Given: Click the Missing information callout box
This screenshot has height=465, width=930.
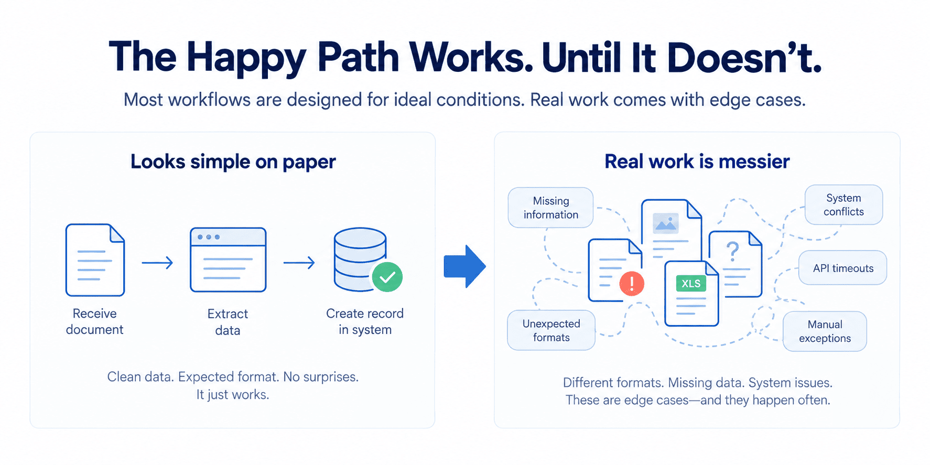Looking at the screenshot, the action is tap(550, 208).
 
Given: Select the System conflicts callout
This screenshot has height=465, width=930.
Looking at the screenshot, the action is tap(844, 204).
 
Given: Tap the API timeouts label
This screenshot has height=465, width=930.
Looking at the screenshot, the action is tap(843, 268).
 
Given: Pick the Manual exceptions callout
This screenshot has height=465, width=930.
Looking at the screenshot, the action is tap(825, 331).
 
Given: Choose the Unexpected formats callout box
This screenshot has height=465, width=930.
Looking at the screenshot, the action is tap(551, 330).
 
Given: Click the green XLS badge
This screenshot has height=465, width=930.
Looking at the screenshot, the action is tap(691, 284).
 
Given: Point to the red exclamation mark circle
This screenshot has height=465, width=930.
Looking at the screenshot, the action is tap(632, 284).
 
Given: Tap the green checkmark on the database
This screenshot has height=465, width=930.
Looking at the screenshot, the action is tap(387, 277).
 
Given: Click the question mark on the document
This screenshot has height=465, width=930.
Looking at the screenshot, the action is tap(733, 252).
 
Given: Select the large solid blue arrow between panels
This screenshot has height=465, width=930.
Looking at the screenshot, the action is tap(464, 266).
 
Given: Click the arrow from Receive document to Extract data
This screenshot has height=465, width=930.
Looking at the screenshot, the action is tap(157, 263).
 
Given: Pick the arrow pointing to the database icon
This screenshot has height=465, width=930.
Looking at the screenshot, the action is tap(299, 263).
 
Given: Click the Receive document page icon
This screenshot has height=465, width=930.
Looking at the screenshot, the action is tap(95, 260).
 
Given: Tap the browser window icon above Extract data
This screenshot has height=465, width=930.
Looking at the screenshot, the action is tap(228, 259).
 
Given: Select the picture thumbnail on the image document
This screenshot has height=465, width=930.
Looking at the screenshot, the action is tap(666, 223).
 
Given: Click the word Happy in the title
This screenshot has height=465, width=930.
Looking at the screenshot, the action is tap(246, 58).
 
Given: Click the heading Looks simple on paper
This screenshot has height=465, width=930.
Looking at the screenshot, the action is tap(233, 162).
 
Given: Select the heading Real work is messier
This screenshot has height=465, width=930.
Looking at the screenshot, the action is tap(697, 161).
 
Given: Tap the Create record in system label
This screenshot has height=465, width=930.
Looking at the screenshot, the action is tap(365, 321).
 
